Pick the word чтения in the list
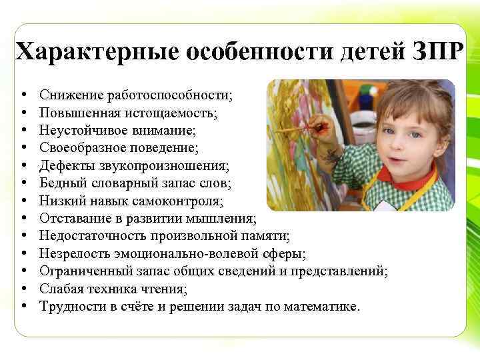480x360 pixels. point(165,289)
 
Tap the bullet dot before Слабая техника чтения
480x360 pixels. point(23,289)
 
